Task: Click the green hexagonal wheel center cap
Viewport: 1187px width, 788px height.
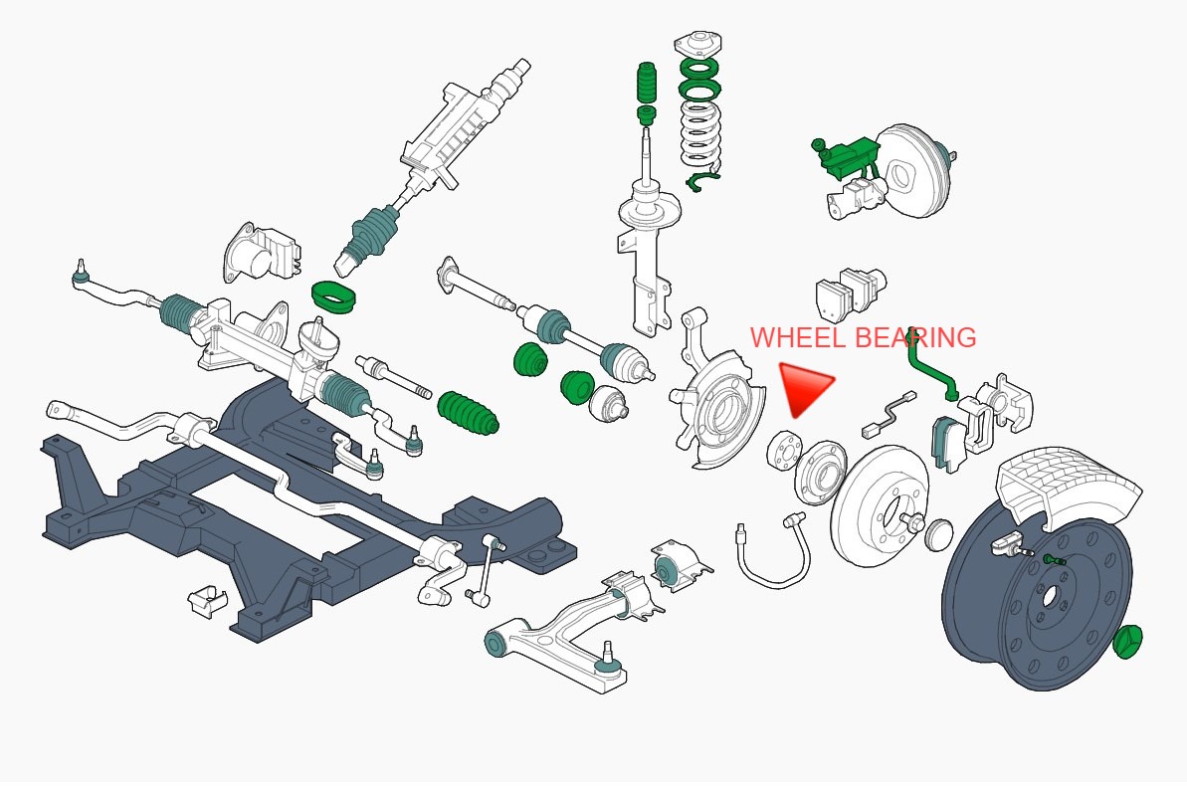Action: point(1128,642)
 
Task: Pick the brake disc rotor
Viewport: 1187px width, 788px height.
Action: point(880,504)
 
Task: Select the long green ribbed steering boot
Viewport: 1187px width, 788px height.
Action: point(468,413)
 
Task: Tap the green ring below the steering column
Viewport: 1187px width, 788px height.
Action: point(334,295)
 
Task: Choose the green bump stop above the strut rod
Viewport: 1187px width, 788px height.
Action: point(647,83)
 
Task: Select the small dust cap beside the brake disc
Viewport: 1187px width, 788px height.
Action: point(939,534)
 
